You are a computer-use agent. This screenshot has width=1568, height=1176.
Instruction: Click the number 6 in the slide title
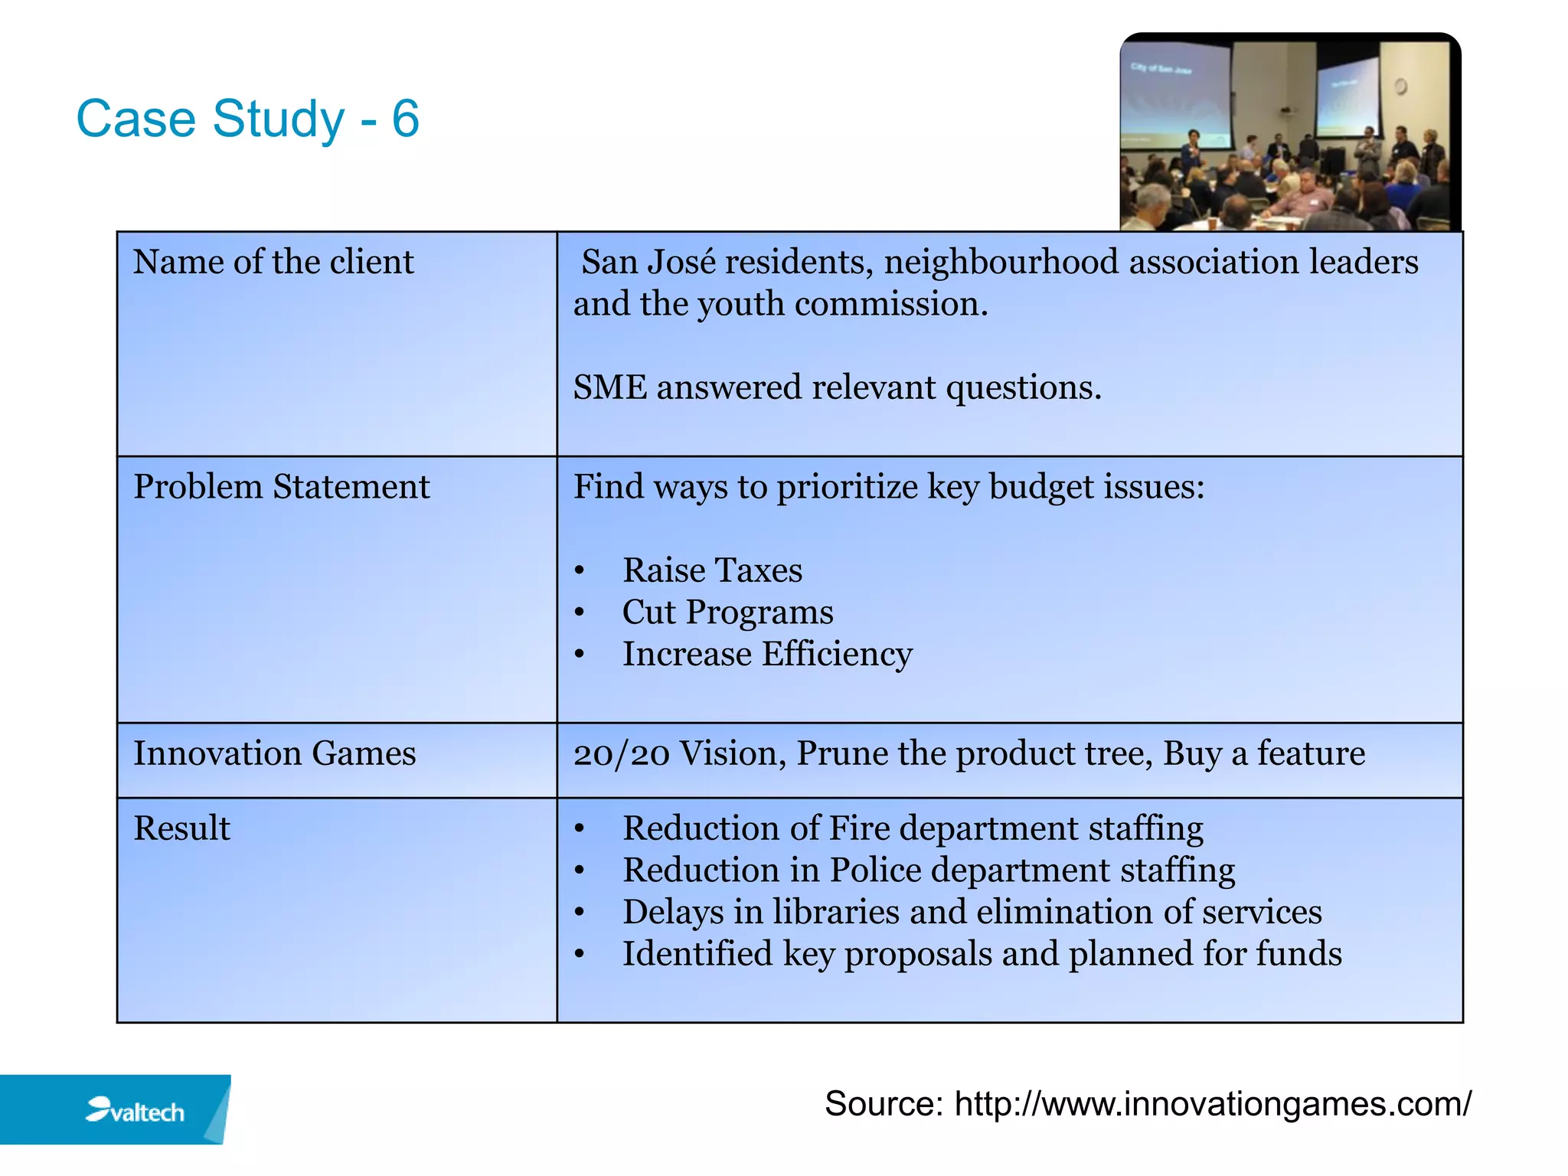[405, 119]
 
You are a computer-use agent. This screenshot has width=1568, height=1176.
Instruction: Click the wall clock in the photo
[1400, 87]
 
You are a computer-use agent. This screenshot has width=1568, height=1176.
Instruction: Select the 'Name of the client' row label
[273, 263]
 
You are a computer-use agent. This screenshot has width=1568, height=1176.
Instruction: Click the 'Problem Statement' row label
[281, 487]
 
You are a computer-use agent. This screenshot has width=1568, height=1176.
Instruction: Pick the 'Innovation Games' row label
[274, 753]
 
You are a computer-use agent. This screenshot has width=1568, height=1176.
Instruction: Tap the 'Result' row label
[181, 828]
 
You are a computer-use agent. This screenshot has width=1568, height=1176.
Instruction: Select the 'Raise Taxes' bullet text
[712, 570]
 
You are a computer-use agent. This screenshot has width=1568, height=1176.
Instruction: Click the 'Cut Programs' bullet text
[727, 612]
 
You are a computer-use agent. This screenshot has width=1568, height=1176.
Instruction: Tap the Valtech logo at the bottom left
[135, 1110]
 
